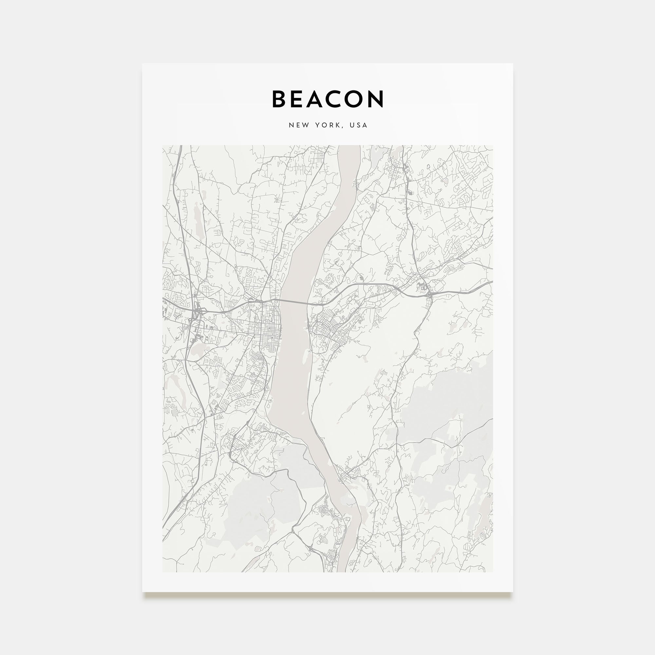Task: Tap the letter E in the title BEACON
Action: click(299, 99)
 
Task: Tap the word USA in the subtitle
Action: click(359, 125)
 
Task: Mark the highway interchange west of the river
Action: click(196, 313)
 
